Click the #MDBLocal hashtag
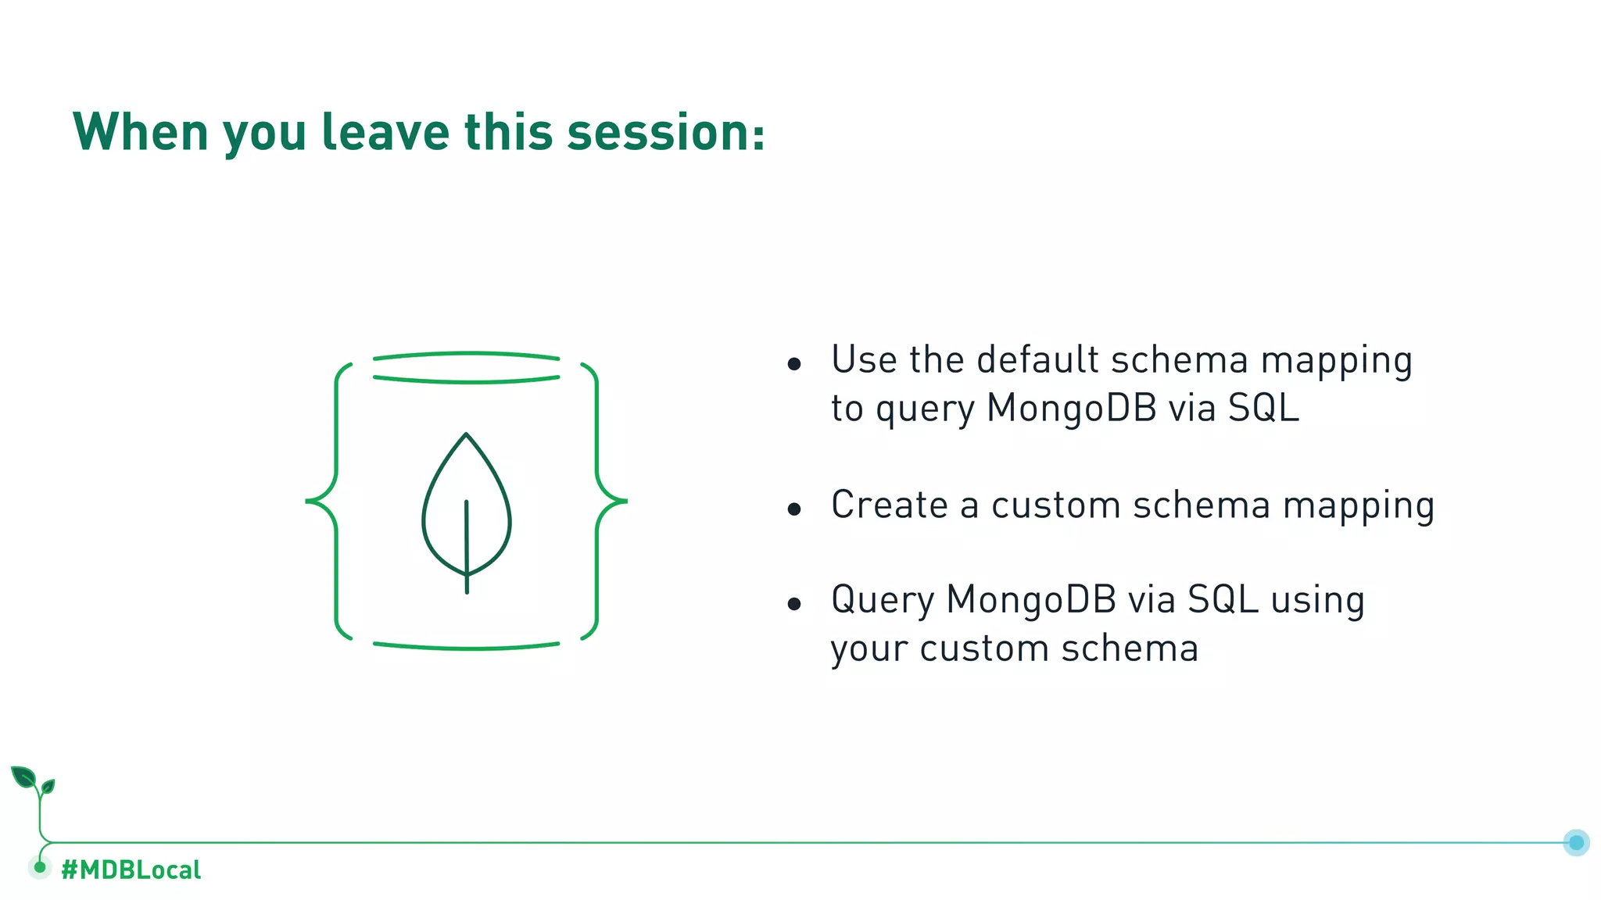click(x=131, y=870)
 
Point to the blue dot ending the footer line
click(x=1576, y=842)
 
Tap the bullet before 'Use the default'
click(x=794, y=363)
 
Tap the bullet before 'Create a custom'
click(x=794, y=509)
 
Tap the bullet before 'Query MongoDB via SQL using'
click(x=794, y=603)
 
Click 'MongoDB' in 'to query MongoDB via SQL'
click(x=1071, y=408)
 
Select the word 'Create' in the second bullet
click(x=889, y=505)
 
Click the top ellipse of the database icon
click(x=467, y=367)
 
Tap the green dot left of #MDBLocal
click(x=40, y=867)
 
